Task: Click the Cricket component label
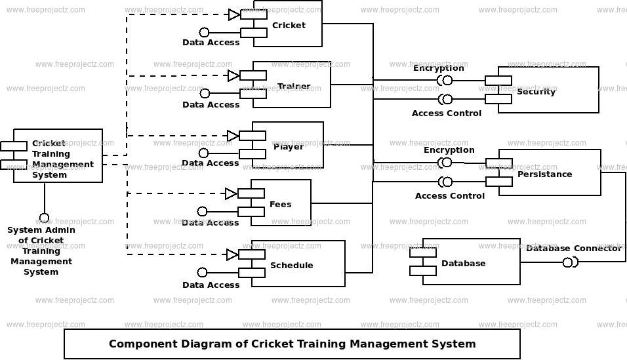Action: tap(289, 26)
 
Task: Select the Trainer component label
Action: tap(293, 87)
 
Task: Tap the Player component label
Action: tap(289, 146)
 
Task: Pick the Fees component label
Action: tap(280, 204)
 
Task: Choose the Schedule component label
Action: tap(291, 266)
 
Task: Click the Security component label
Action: tap(536, 91)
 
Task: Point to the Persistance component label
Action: tap(544, 174)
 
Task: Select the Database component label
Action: tap(463, 263)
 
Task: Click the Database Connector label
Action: tap(573, 248)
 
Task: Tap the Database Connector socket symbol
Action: tap(569, 262)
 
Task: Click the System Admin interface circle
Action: tap(44, 218)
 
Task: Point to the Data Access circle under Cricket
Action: tap(204, 32)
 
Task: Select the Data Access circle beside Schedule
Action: tap(202, 272)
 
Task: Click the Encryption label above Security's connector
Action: tap(438, 68)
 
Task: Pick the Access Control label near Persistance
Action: tap(449, 195)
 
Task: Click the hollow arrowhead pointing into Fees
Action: tap(231, 193)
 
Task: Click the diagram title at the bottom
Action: tap(292, 344)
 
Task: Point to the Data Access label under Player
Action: tap(210, 163)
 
